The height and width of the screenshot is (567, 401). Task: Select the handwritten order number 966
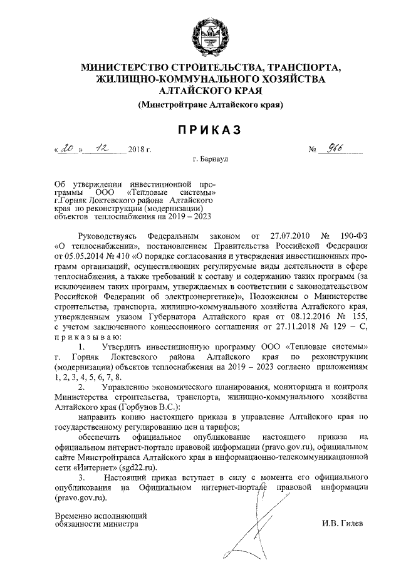coord(338,149)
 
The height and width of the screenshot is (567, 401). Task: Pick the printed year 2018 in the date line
coord(135,150)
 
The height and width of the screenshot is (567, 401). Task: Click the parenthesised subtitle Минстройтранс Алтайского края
coord(211,105)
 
